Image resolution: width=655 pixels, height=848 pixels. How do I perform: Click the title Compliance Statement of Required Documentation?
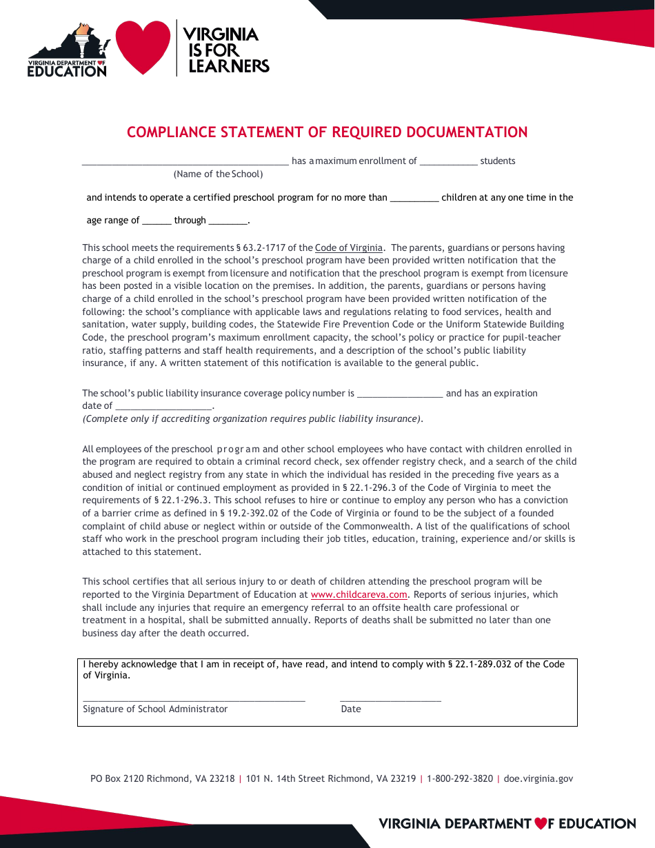pyautogui.click(x=327, y=132)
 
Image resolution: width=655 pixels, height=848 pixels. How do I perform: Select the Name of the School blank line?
pyautogui.click(x=185, y=163)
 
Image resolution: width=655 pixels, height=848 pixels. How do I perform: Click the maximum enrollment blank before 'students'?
pyautogui.click(x=448, y=163)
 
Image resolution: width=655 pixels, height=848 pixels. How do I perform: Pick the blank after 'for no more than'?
pyautogui.click(x=414, y=199)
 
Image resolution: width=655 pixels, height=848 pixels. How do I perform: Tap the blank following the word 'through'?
pyautogui.click(x=228, y=222)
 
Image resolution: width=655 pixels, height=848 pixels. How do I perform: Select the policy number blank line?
pyautogui.click(x=400, y=394)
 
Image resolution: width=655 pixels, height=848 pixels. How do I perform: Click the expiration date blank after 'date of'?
pyautogui.click(x=163, y=407)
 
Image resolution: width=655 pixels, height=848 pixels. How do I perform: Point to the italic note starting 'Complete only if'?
pyautogui.click(x=252, y=418)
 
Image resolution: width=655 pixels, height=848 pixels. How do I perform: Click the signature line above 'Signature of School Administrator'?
pyautogui.click(x=194, y=699)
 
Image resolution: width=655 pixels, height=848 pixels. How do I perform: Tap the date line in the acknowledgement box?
pyautogui.click(x=390, y=699)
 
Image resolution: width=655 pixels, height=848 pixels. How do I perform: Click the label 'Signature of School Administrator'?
pyautogui.click(x=155, y=709)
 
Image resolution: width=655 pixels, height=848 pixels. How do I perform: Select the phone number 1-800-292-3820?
pyautogui.click(x=460, y=778)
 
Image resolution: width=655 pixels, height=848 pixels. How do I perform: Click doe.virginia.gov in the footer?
pyautogui.click(x=538, y=778)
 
